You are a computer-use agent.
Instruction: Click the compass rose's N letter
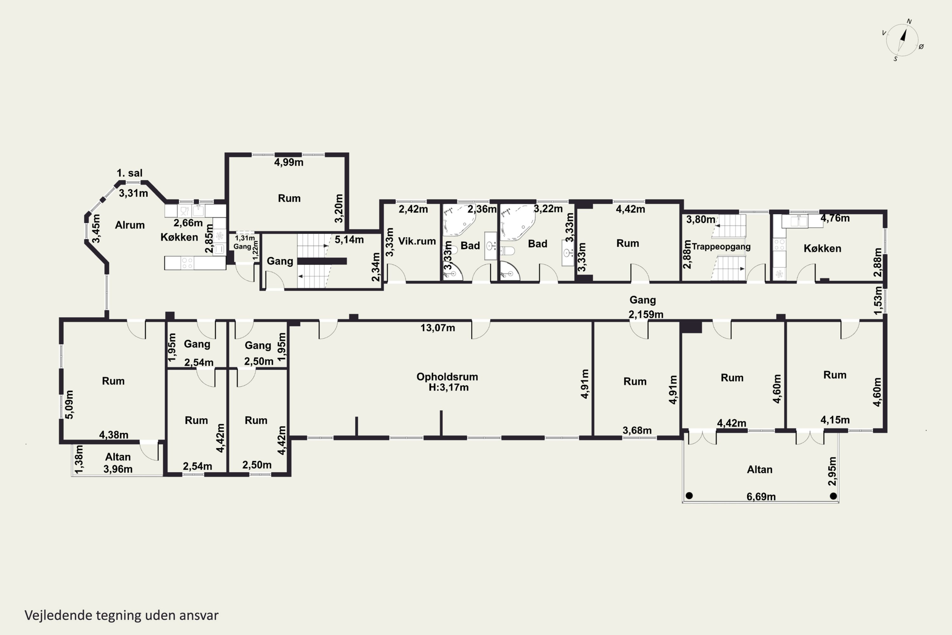pyautogui.click(x=909, y=22)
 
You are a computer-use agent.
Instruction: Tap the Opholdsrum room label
pyautogui.click(x=447, y=377)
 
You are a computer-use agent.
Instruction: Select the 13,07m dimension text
pyautogui.click(x=438, y=328)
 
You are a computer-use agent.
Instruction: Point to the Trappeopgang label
pyautogui.click(x=721, y=247)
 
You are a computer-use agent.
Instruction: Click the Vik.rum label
pyautogui.click(x=417, y=241)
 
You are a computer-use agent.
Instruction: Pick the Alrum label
pyautogui.click(x=129, y=225)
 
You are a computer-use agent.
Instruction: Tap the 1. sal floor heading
pyautogui.click(x=129, y=173)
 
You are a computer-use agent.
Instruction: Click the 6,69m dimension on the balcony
pyautogui.click(x=761, y=497)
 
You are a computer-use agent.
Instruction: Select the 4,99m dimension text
pyautogui.click(x=288, y=162)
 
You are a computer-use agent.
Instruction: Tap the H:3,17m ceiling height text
pyautogui.click(x=448, y=388)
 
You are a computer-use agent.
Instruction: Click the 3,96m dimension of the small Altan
pyautogui.click(x=118, y=469)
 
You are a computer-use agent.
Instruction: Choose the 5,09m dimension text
pyautogui.click(x=69, y=404)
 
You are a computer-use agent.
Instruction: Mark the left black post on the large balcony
pyautogui.click(x=689, y=495)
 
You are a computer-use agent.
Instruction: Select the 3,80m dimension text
pyautogui.click(x=701, y=219)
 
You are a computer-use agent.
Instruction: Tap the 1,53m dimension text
pyautogui.click(x=877, y=300)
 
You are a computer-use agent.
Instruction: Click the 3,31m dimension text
pyautogui.click(x=133, y=193)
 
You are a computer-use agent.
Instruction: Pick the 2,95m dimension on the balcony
pyautogui.click(x=832, y=471)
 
